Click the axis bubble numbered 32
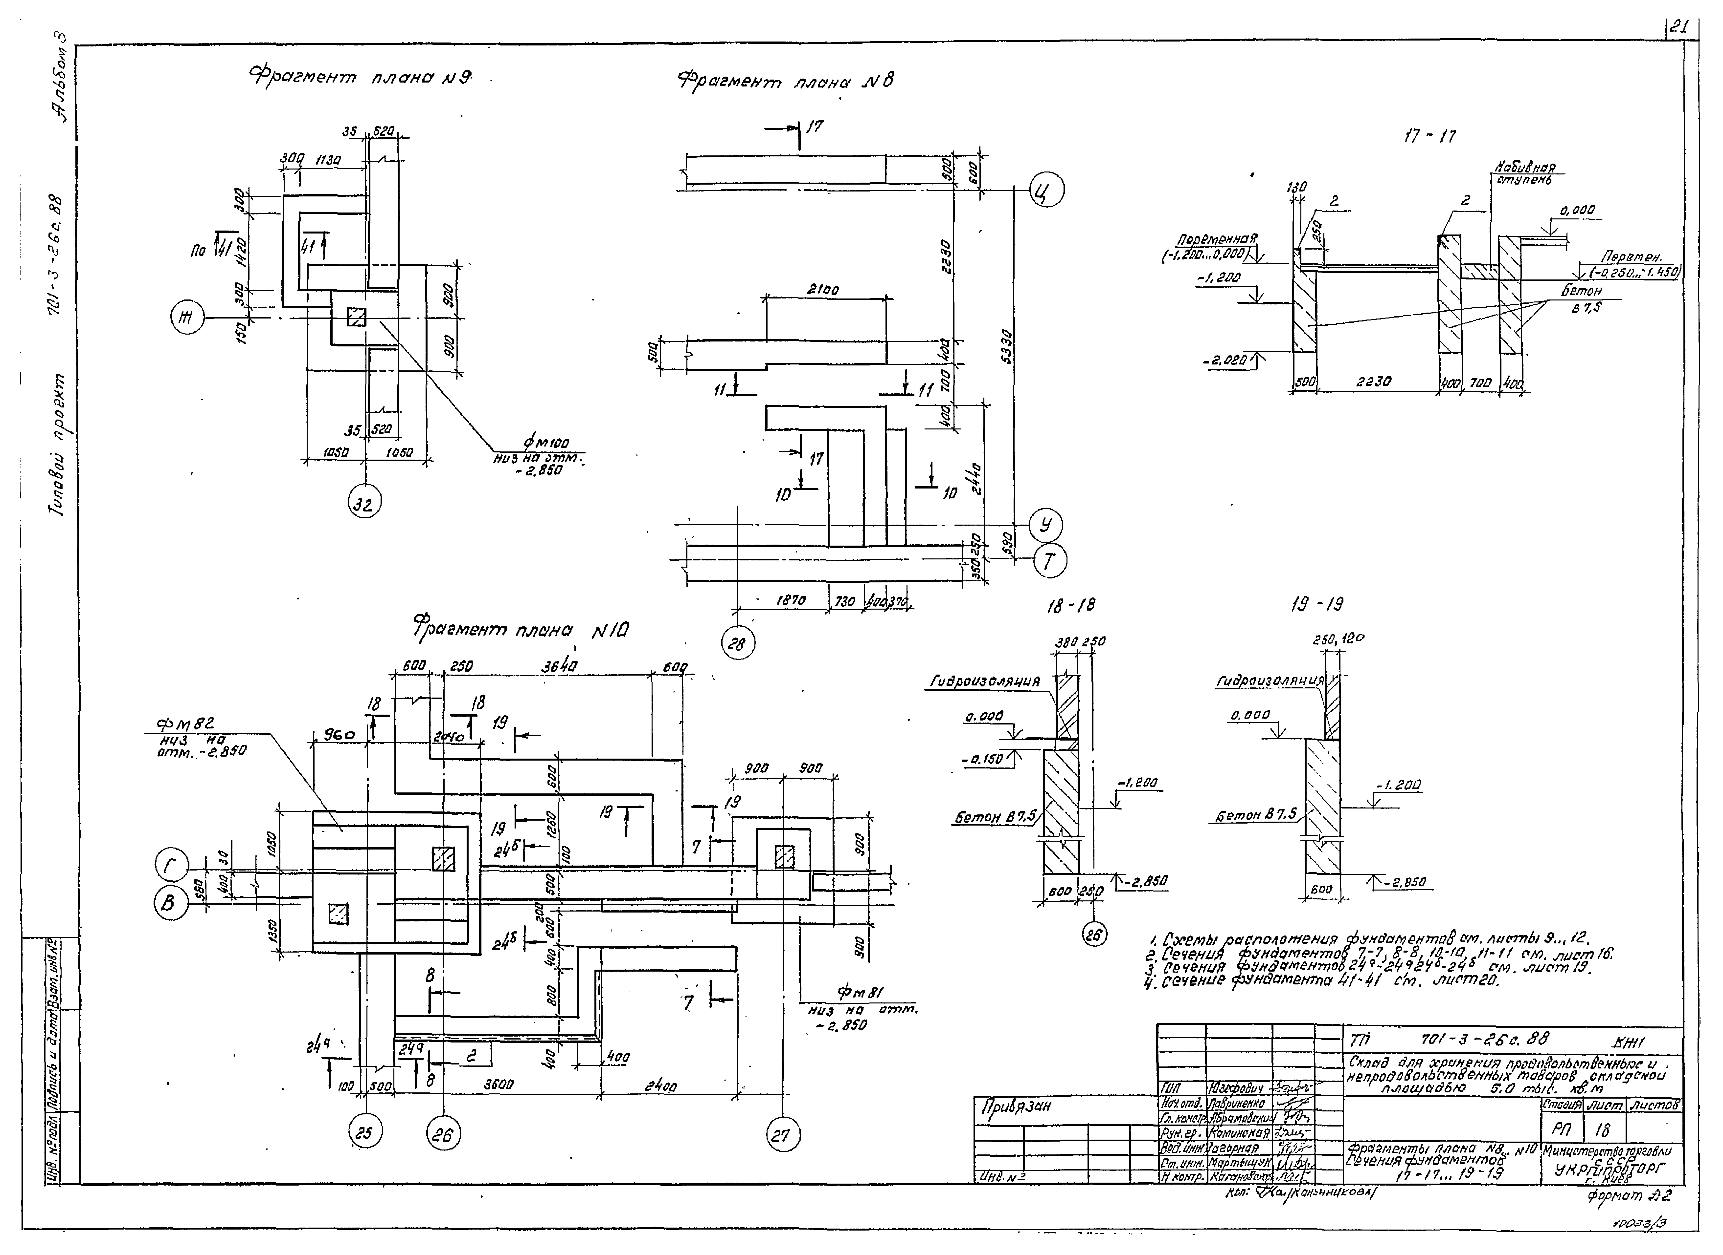point(365,503)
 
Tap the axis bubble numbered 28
point(736,644)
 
